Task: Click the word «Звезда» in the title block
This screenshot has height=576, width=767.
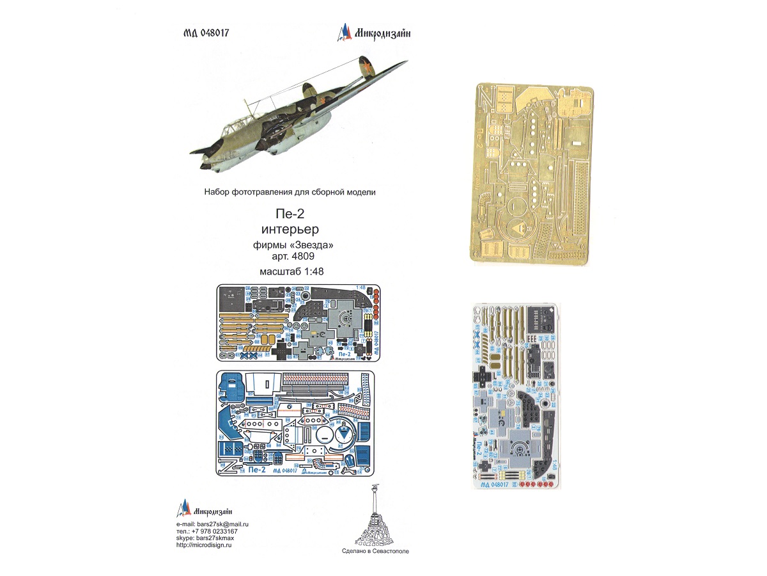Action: click(312, 245)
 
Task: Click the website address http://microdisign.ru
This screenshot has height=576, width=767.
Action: click(204, 545)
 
